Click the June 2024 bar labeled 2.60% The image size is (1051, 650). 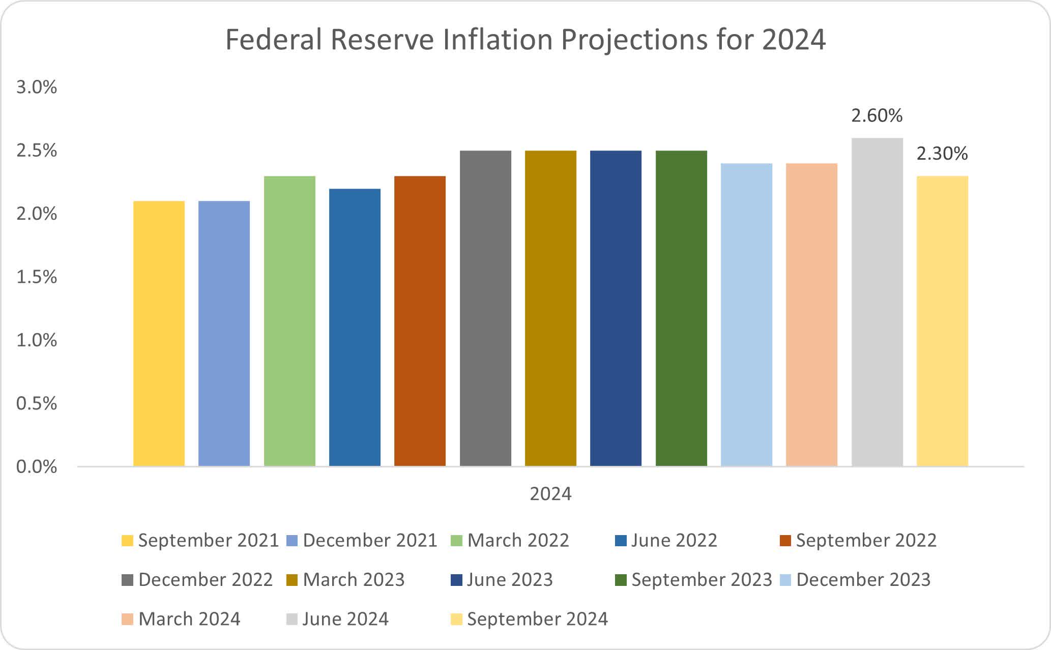click(x=877, y=302)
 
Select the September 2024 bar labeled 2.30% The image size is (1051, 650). click(x=942, y=321)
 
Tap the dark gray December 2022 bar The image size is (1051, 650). click(x=485, y=308)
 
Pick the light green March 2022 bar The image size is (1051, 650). click(x=289, y=321)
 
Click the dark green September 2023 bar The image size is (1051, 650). click(x=681, y=308)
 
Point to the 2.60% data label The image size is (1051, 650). click(x=877, y=116)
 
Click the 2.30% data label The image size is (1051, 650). click(x=942, y=154)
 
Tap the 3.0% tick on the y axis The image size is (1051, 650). click(x=37, y=87)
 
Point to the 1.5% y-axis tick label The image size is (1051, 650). click(x=37, y=277)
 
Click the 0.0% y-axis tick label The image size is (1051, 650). click(x=37, y=467)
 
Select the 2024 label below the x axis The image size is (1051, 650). click(x=550, y=494)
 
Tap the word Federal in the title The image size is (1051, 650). click(x=274, y=40)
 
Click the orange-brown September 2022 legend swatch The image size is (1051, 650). click(x=785, y=541)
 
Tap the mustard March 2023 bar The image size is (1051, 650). click(x=550, y=308)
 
